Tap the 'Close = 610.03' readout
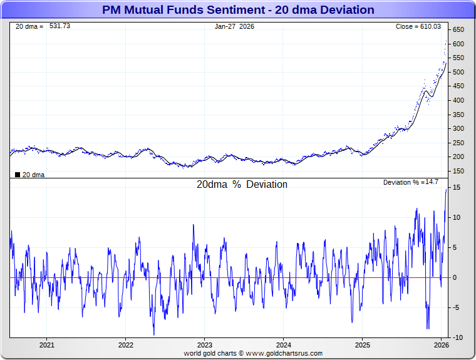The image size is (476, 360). coord(418,26)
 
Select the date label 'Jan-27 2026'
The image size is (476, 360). coord(234,26)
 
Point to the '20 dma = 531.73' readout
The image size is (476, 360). coord(43,26)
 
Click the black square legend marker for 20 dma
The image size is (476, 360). coord(17,175)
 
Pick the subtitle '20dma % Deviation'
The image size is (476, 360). coord(242,185)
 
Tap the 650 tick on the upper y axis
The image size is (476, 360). coord(458,30)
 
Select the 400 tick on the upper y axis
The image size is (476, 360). coord(458,100)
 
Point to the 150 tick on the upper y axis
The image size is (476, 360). coord(458,171)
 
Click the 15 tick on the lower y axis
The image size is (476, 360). coord(457,188)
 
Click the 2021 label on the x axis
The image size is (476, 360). coord(47,345)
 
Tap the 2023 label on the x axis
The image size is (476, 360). coord(205,345)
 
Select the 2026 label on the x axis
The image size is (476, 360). coord(442,345)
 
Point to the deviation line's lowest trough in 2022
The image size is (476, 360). coord(153,334)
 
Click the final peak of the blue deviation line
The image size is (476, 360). coord(447,189)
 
